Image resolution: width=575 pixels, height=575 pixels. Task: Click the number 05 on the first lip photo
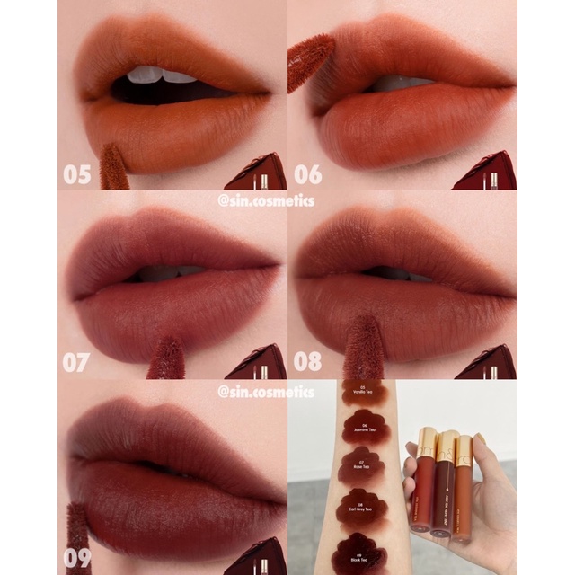coord(77,173)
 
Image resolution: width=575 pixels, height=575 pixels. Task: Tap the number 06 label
coord(307,173)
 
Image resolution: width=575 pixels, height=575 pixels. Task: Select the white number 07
coord(77,363)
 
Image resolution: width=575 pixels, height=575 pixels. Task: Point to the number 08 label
coord(307,363)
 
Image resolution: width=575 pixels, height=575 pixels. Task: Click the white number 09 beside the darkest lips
coord(77,558)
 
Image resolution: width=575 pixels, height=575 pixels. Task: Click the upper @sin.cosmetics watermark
coord(266,201)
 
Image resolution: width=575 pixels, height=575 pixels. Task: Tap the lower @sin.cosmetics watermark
coord(266,392)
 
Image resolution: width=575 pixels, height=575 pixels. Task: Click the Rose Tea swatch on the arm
coord(361,467)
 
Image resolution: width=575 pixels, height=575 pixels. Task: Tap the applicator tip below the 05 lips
coord(113,168)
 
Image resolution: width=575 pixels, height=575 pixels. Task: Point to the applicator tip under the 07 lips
coord(166,358)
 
